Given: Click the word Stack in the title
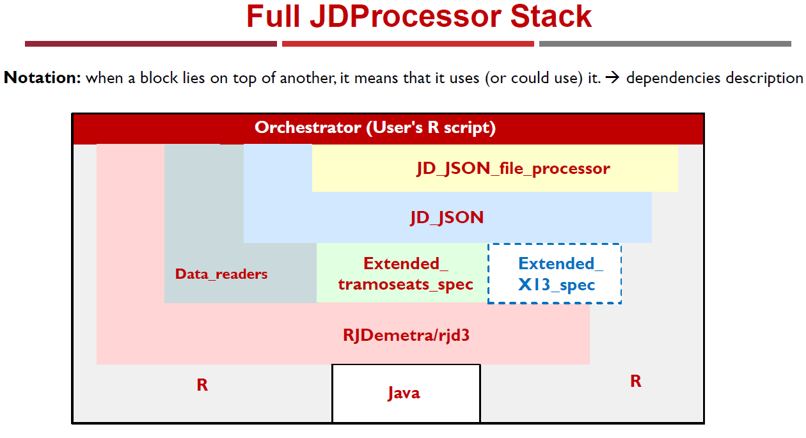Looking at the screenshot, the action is (x=551, y=16).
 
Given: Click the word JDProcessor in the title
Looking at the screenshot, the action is (x=406, y=16).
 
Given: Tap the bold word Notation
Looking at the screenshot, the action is (x=42, y=77).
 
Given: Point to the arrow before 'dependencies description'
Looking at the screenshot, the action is (x=612, y=77).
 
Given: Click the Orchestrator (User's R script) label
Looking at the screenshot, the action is (x=375, y=127).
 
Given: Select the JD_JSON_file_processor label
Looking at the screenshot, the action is (x=514, y=168).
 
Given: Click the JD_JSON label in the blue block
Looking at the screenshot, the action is (x=447, y=217).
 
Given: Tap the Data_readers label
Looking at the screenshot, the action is (x=221, y=274).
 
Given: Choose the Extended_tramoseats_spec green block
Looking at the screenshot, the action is (x=402, y=273).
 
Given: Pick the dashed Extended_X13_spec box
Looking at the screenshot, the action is (x=555, y=274).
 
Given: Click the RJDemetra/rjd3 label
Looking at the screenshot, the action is (x=406, y=335).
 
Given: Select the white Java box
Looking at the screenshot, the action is (x=406, y=393).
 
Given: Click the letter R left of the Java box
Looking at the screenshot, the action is (x=202, y=385).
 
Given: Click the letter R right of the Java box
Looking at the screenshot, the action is (x=636, y=381).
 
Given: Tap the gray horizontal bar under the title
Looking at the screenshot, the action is (x=665, y=44).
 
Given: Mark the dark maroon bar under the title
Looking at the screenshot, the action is (x=151, y=44).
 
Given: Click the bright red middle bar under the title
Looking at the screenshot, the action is (x=408, y=44).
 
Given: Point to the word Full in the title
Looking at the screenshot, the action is (x=273, y=16).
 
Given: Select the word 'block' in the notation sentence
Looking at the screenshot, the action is (x=159, y=77).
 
